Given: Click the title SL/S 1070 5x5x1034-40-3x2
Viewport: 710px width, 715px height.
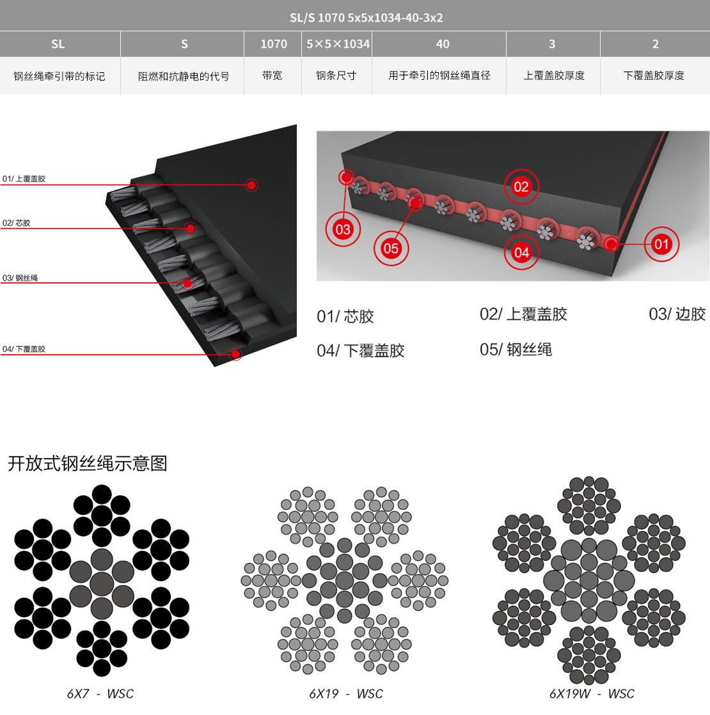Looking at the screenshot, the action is [366, 17].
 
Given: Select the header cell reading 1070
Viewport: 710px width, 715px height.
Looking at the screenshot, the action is [273, 44].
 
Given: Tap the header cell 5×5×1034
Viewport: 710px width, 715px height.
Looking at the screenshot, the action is [337, 44].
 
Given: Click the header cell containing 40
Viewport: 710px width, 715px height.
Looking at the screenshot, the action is [439, 44].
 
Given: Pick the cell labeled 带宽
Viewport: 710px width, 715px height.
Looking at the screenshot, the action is [272, 75].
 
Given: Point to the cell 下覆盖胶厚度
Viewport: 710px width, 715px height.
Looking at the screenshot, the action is [654, 75].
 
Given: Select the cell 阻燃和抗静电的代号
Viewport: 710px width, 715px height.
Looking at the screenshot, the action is [183, 75].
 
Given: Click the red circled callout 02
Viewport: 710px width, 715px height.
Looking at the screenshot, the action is [521, 187].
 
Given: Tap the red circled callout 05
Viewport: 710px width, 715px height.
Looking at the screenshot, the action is [391, 248].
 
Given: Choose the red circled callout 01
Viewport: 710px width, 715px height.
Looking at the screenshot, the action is [661, 244].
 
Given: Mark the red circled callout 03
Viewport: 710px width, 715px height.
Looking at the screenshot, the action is [343, 229].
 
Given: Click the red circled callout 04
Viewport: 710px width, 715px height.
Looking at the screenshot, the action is [521, 252].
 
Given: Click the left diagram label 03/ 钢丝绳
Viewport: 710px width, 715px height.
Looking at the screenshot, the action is [20, 278].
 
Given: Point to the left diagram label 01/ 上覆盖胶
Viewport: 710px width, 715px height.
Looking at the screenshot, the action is [24, 179].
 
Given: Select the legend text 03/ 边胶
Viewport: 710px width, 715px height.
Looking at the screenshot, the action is [677, 314].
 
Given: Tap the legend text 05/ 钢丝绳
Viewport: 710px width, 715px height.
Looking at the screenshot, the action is [516, 350].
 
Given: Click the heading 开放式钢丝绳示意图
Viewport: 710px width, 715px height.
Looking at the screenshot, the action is [87, 463].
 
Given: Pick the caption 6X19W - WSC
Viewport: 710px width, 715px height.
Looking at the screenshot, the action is [592, 693].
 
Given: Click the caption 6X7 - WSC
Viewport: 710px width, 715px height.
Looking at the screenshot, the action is [100, 693].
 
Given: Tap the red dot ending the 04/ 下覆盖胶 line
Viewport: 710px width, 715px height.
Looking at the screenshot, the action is [235, 354].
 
